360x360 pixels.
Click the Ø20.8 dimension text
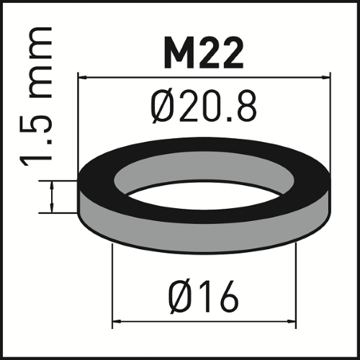coord(204,109)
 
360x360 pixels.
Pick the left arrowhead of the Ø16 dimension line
coord(117,322)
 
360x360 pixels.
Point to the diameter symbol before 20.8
coord(164,109)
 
